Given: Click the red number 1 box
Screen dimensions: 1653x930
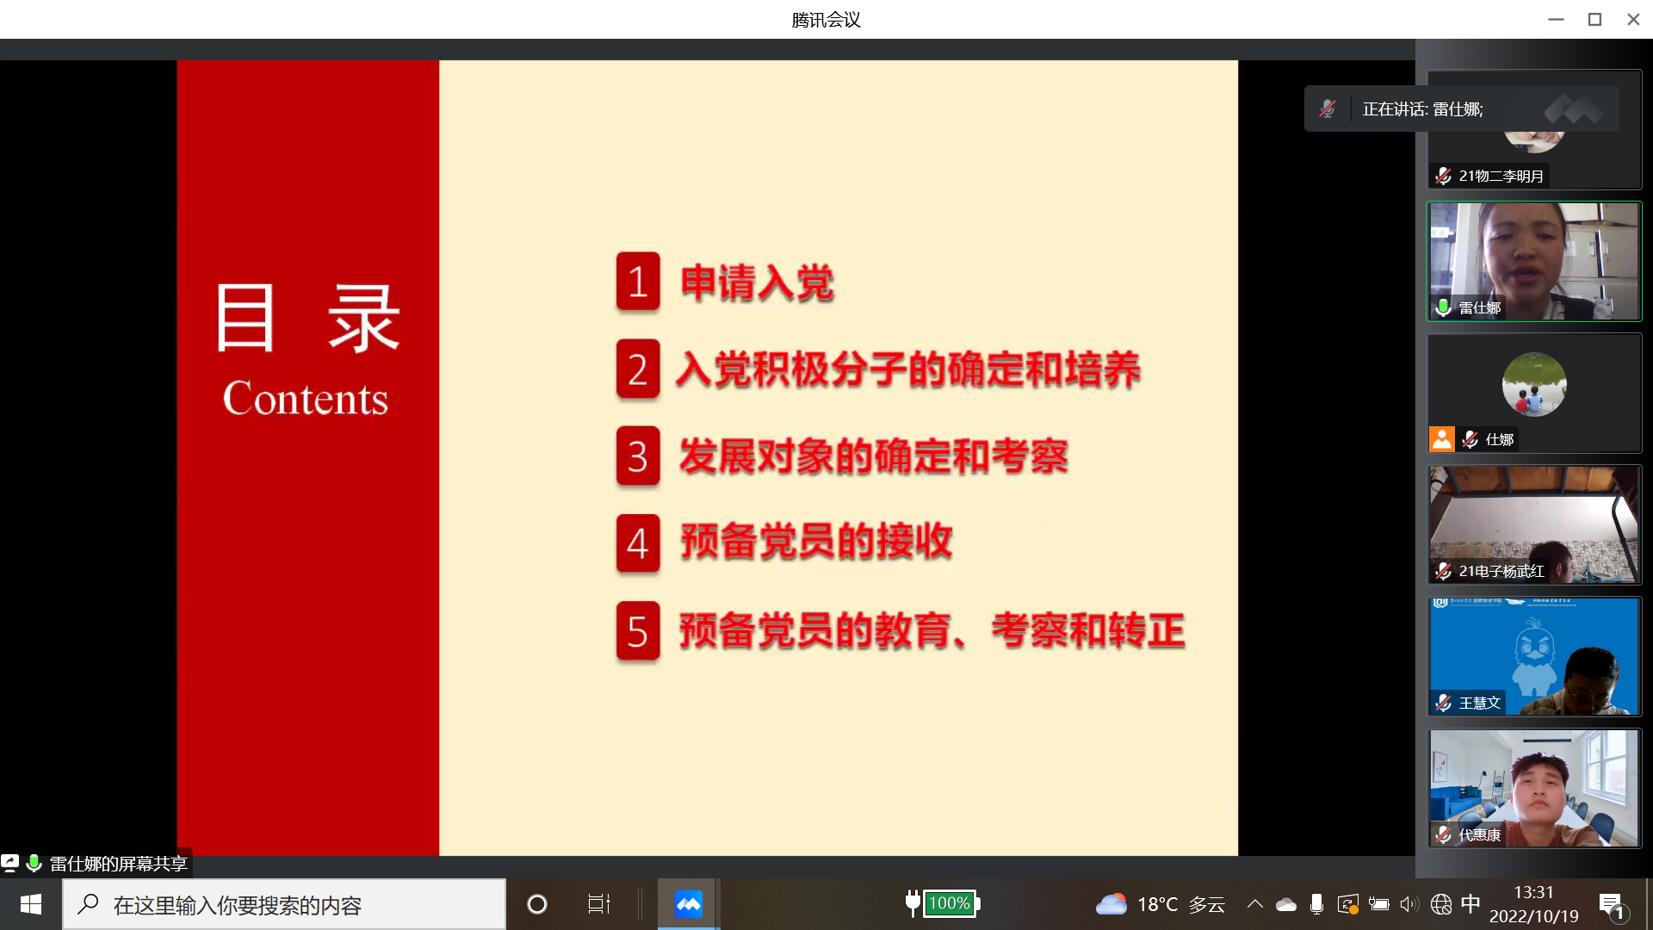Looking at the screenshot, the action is pos(638,282).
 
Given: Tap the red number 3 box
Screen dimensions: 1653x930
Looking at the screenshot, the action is pos(638,456).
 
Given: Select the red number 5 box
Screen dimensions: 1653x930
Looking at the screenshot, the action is pos(638,631).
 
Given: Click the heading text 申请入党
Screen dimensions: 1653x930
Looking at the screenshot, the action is pos(757,282).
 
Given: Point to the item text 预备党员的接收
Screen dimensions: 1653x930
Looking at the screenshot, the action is pos(816,542).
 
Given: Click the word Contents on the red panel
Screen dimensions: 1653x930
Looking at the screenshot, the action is pos(306,398).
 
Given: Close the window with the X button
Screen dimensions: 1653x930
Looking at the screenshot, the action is pos(1633,19).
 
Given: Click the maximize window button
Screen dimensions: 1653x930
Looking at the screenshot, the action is pos(1594,19).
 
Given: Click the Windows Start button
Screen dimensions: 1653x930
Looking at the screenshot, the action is pos(31,904).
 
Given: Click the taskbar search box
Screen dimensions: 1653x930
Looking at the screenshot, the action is pos(284,904).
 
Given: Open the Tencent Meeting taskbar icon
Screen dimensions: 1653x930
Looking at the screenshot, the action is pos(688,904).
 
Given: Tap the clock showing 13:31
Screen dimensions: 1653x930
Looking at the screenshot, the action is pos(1533,893).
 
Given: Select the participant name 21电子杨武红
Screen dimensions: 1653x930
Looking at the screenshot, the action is pos(1501,571).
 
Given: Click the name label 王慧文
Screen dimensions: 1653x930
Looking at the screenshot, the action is pos(1480,703).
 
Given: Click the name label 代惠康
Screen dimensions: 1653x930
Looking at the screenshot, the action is pos(1480,834).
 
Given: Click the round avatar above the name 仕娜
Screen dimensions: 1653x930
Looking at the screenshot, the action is pos(1534,384).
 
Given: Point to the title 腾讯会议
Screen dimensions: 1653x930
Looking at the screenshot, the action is pos(826,19).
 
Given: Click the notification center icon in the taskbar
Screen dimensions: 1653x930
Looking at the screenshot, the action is pos(1611,904).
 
